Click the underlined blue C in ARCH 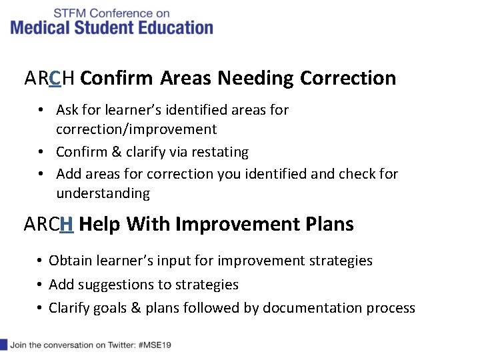55,79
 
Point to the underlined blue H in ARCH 66,225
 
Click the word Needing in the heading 255,79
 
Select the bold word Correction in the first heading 348,79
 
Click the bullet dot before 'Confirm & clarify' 41,152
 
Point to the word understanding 103,194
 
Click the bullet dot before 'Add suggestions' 41,285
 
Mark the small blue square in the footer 3,345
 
